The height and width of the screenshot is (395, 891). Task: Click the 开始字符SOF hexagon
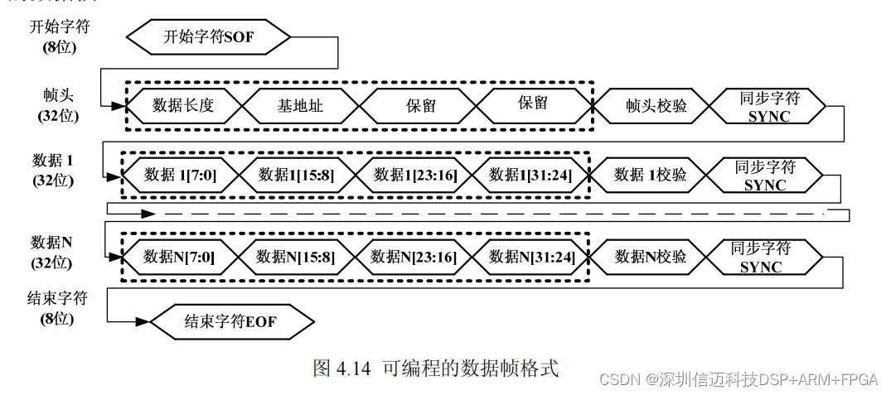(209, 36)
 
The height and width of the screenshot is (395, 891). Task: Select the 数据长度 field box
(183, 105)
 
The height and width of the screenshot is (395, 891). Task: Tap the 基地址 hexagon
(300, 105)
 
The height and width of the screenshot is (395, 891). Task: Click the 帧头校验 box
(651, 106)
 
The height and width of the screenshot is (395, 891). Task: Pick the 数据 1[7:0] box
(179, 175)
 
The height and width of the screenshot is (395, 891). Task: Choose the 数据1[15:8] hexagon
(296, 175)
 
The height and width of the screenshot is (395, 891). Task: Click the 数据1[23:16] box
(411, 175)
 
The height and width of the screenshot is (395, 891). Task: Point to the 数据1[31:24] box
(528, 175)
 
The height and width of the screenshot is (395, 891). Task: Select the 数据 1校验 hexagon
(650, 175)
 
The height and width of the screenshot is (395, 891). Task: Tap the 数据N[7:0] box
(179, 257)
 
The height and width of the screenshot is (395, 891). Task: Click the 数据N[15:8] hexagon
(296, 257)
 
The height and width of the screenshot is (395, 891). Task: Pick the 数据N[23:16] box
(411, 257)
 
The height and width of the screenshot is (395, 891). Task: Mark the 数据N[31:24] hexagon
(528, 257)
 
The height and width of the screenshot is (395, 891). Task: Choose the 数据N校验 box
(650, 257)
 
